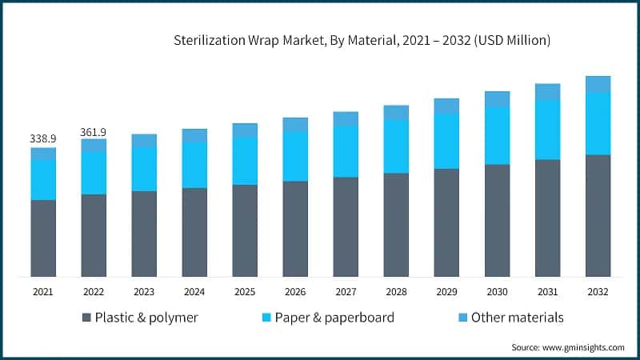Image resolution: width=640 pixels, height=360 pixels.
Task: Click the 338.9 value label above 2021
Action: click(43, 139)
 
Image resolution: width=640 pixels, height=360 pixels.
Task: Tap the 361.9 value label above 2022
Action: click(94, 131)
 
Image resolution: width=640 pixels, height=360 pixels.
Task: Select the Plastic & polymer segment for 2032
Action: click(598, 215)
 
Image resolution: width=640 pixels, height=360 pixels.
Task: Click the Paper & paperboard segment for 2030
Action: click(497, 135)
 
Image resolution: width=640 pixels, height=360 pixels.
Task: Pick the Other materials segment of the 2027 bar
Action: click(346, 118)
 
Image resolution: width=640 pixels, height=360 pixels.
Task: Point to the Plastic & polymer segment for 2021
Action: click(43, 238)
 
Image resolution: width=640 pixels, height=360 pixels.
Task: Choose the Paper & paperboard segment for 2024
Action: click(194, 165)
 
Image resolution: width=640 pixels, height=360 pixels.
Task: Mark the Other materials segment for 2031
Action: click(547, 92)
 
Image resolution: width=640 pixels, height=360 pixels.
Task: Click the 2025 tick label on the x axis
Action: click(245, 293)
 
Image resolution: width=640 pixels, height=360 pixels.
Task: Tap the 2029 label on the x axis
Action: click(446, 293)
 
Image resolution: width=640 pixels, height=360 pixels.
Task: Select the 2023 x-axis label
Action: click(144, 293)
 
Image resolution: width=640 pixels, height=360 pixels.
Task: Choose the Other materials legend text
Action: click(517, 318)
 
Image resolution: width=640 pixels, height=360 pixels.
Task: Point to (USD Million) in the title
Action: click(513, 38)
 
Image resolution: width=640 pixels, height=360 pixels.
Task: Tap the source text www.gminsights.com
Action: click(585, 347)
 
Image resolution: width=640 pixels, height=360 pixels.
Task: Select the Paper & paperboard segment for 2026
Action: click(295, 156)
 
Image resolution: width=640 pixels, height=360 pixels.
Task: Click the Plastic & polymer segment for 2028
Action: click(396, 224)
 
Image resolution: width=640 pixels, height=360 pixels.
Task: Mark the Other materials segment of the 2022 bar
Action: click(94, 145)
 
